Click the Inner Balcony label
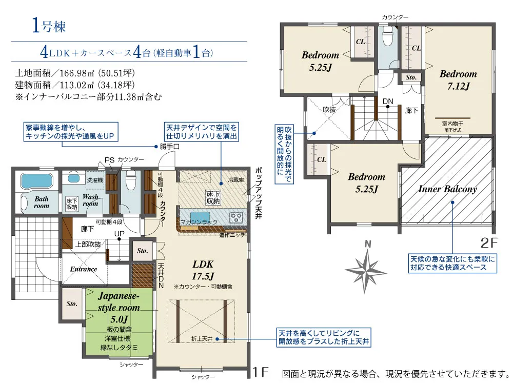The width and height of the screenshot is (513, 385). [x=447, y=189]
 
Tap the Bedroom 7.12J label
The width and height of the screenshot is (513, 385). [x=458, y=80]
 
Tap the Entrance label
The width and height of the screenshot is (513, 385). [x=84, y=269]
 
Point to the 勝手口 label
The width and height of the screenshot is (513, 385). [x=170, y=147]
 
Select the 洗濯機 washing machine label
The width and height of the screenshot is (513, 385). [x=94, y=180]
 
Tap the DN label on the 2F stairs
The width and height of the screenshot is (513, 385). [x=388, y=102]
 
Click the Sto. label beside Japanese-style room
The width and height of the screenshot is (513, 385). [x=71, y=303]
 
